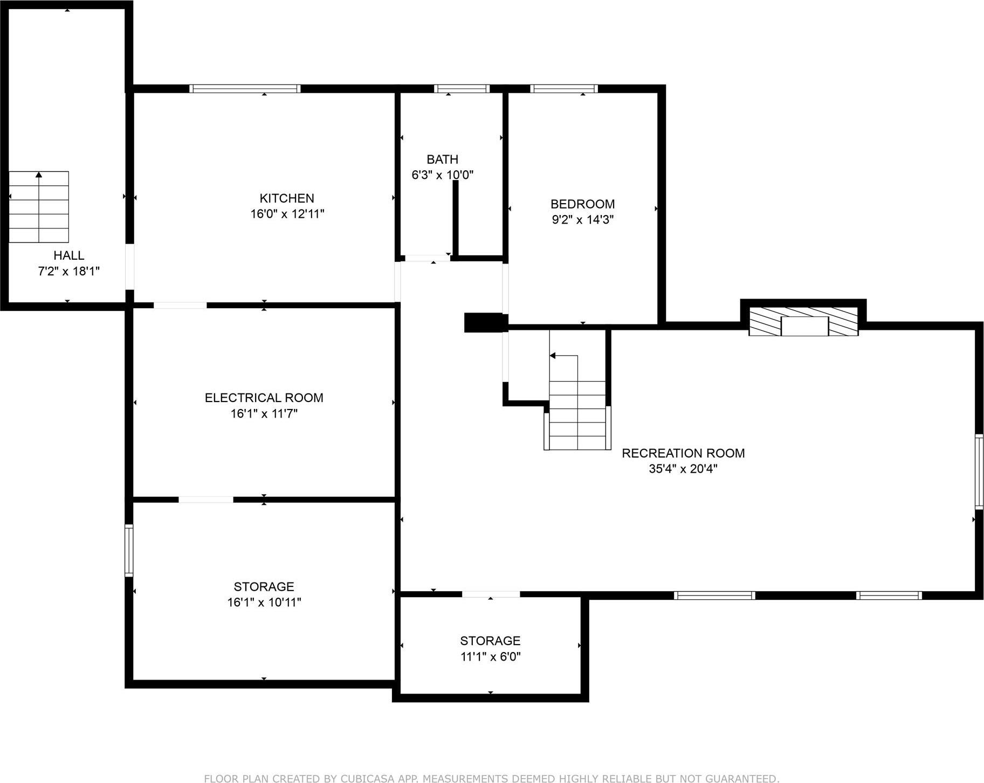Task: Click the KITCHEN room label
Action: point(286,198)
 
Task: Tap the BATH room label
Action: point(442,160)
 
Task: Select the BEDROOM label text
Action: point(582,204)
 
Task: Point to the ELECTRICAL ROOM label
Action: point(264,398)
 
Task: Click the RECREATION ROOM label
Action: point(683,453)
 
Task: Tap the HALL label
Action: point(68,255)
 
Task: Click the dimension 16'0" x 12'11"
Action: point(287,214)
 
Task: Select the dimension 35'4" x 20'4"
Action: point(683,469)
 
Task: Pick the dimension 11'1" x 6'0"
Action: point(490,656)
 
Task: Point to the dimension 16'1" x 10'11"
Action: point(264,602)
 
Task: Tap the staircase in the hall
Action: point(39,207)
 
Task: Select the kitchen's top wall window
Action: point(245,89)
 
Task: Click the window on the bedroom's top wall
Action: point(564,89)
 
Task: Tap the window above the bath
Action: point(462,89)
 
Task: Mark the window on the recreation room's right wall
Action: point(979,472)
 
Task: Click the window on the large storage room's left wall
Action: point(129,550)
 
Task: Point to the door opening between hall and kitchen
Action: point(129,267)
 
